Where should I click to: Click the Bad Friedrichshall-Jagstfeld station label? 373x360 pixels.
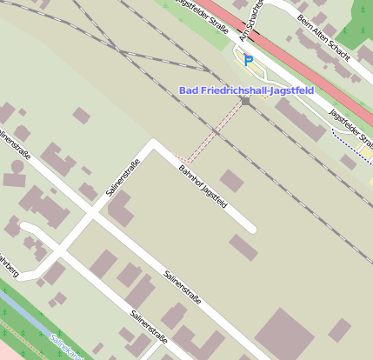pos(245,90)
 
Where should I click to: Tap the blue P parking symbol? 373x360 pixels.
pos(248,60)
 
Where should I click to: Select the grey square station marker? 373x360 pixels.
pos(246,102)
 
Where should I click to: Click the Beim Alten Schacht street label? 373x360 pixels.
pos(323,37)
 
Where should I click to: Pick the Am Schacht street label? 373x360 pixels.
pos(251,23)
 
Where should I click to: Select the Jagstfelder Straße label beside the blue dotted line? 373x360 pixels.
pos(352,127)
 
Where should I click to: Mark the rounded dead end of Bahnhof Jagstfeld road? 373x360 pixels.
pos(251,230)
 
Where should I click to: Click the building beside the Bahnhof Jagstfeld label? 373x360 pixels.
pos(231,181)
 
